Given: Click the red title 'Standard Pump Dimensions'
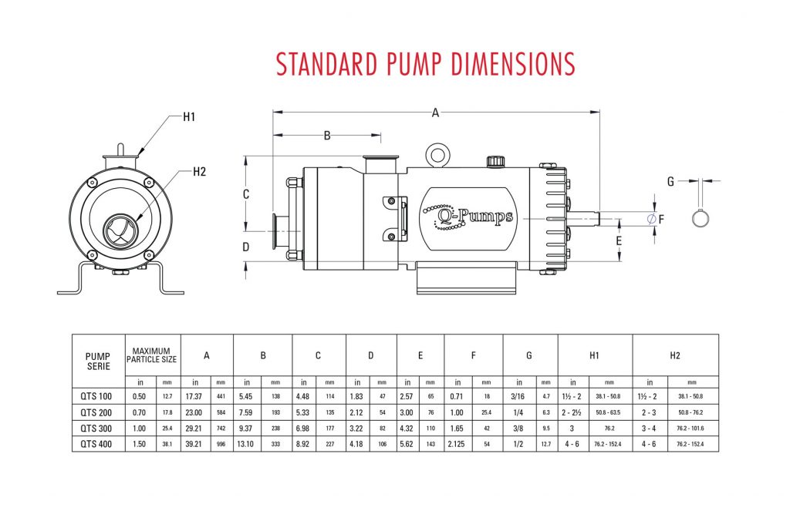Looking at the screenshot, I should tap(425, 64).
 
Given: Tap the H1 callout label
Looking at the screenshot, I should tap(189, 116).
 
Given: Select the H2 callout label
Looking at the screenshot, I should tap(199, 171).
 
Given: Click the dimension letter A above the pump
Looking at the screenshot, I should tap(435, 113).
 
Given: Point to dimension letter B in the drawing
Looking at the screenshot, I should tap(327, 136).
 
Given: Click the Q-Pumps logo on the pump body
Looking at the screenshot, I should tap(467, 216).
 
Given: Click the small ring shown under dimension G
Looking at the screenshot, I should tap(701, 218).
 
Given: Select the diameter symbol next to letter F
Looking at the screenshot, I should tap(651, 220).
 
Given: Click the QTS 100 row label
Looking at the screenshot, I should tap(98, 396).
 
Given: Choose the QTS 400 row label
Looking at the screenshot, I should tap(98, 444).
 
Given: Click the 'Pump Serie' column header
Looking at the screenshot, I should tap(98, 360).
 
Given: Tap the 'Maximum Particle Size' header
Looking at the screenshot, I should tap(153, 355).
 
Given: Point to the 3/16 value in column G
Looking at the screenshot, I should tap(518, 396).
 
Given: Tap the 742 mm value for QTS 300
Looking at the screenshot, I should tap(221, 429).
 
